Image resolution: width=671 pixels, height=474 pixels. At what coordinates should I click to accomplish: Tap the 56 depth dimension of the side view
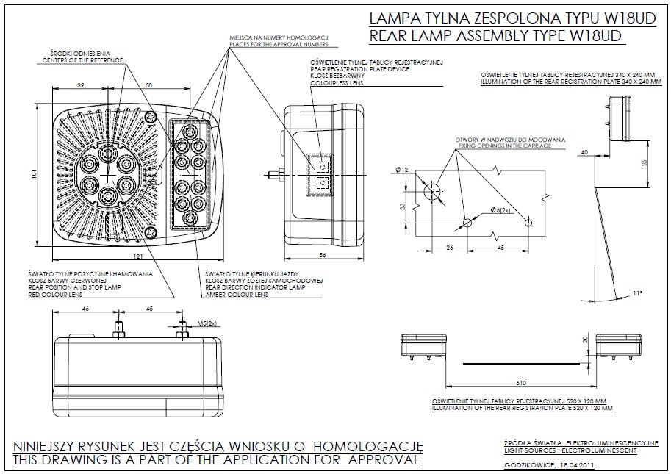(x=323, y=255)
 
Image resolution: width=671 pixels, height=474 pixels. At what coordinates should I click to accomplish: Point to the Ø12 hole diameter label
(x=401, y=170)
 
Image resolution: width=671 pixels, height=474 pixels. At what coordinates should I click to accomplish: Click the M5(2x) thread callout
(x=207, y=323)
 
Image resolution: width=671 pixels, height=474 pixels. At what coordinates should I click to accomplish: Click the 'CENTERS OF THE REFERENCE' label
(x=78, y=60)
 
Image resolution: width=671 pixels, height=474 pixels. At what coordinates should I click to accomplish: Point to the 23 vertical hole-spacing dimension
(x=403, y=207)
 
